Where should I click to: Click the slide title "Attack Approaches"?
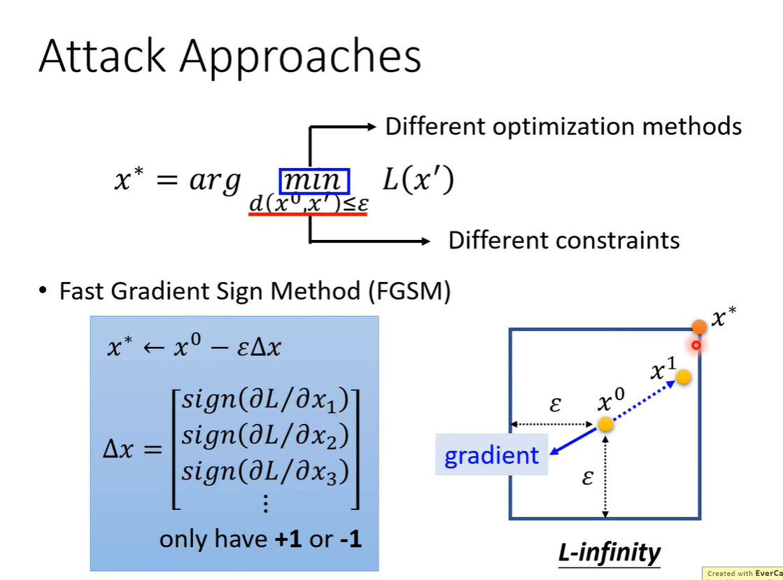click(230, 57)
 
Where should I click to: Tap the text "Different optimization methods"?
click(563, 127)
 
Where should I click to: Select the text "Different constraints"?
click(563, 241)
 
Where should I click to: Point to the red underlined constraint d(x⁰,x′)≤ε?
click(308, 204)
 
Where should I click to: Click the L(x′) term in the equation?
click(418, 181)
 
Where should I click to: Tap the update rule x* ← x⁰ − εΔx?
click(194, 348)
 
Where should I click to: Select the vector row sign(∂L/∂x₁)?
click(265, 401)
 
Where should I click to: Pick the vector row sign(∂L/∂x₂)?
click(265, 437)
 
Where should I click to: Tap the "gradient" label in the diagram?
click(492, 455)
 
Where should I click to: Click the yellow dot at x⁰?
click(606, 424)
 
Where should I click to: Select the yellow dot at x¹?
click(684, 377)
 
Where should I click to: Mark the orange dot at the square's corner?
click(699, 327)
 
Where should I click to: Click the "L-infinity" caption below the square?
click(609, 553)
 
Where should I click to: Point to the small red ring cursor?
click(696, 345)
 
